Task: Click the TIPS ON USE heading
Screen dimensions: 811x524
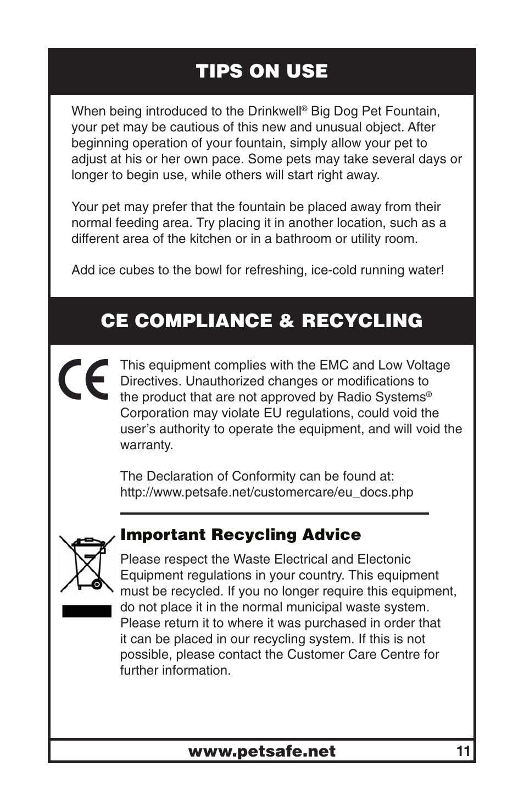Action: point(261,71)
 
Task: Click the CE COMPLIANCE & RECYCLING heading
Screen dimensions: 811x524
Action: point(261,321)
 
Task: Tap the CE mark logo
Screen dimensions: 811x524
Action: point(84,379)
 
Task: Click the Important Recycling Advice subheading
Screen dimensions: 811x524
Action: point(241,535)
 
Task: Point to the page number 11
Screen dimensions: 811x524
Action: point(463,751)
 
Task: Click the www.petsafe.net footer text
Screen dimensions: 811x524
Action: point(261,752)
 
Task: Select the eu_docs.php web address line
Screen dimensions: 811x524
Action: point(266,492)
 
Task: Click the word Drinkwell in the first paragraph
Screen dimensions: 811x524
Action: point(274,112)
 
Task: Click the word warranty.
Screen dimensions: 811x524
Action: point(146,445)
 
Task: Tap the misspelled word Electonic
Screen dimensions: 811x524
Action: point(384,560)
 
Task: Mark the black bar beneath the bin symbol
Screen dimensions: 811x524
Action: point(87,611)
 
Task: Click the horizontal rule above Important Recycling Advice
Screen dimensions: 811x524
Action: point(274,514)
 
